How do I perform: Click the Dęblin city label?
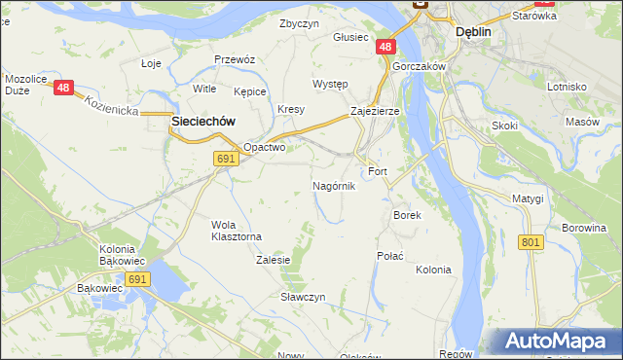coord(474,31)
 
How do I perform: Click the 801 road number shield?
coord(531,242)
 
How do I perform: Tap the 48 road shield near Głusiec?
coord(386,47)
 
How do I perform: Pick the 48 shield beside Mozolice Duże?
coord(64,88)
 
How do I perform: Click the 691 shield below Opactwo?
coord(225,159)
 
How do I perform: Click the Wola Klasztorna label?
coord(237,230)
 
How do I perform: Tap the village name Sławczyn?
coord(303,296)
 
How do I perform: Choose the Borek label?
coord(406,215)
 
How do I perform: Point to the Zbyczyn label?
coord(299,23)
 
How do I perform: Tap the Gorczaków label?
coord(419,66)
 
